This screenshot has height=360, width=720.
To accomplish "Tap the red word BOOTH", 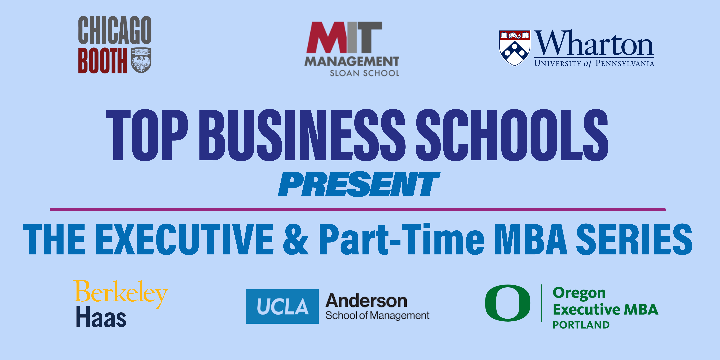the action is (103, 60).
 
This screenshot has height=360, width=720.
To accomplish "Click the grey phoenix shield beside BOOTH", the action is (141, 60).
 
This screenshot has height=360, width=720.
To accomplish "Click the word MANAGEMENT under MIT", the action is (352, 61).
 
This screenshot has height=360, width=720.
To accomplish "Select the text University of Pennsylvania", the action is (594, 63).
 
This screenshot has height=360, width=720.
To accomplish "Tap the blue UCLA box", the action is (282, 306).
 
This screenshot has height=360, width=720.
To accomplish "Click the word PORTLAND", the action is (581, 325).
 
